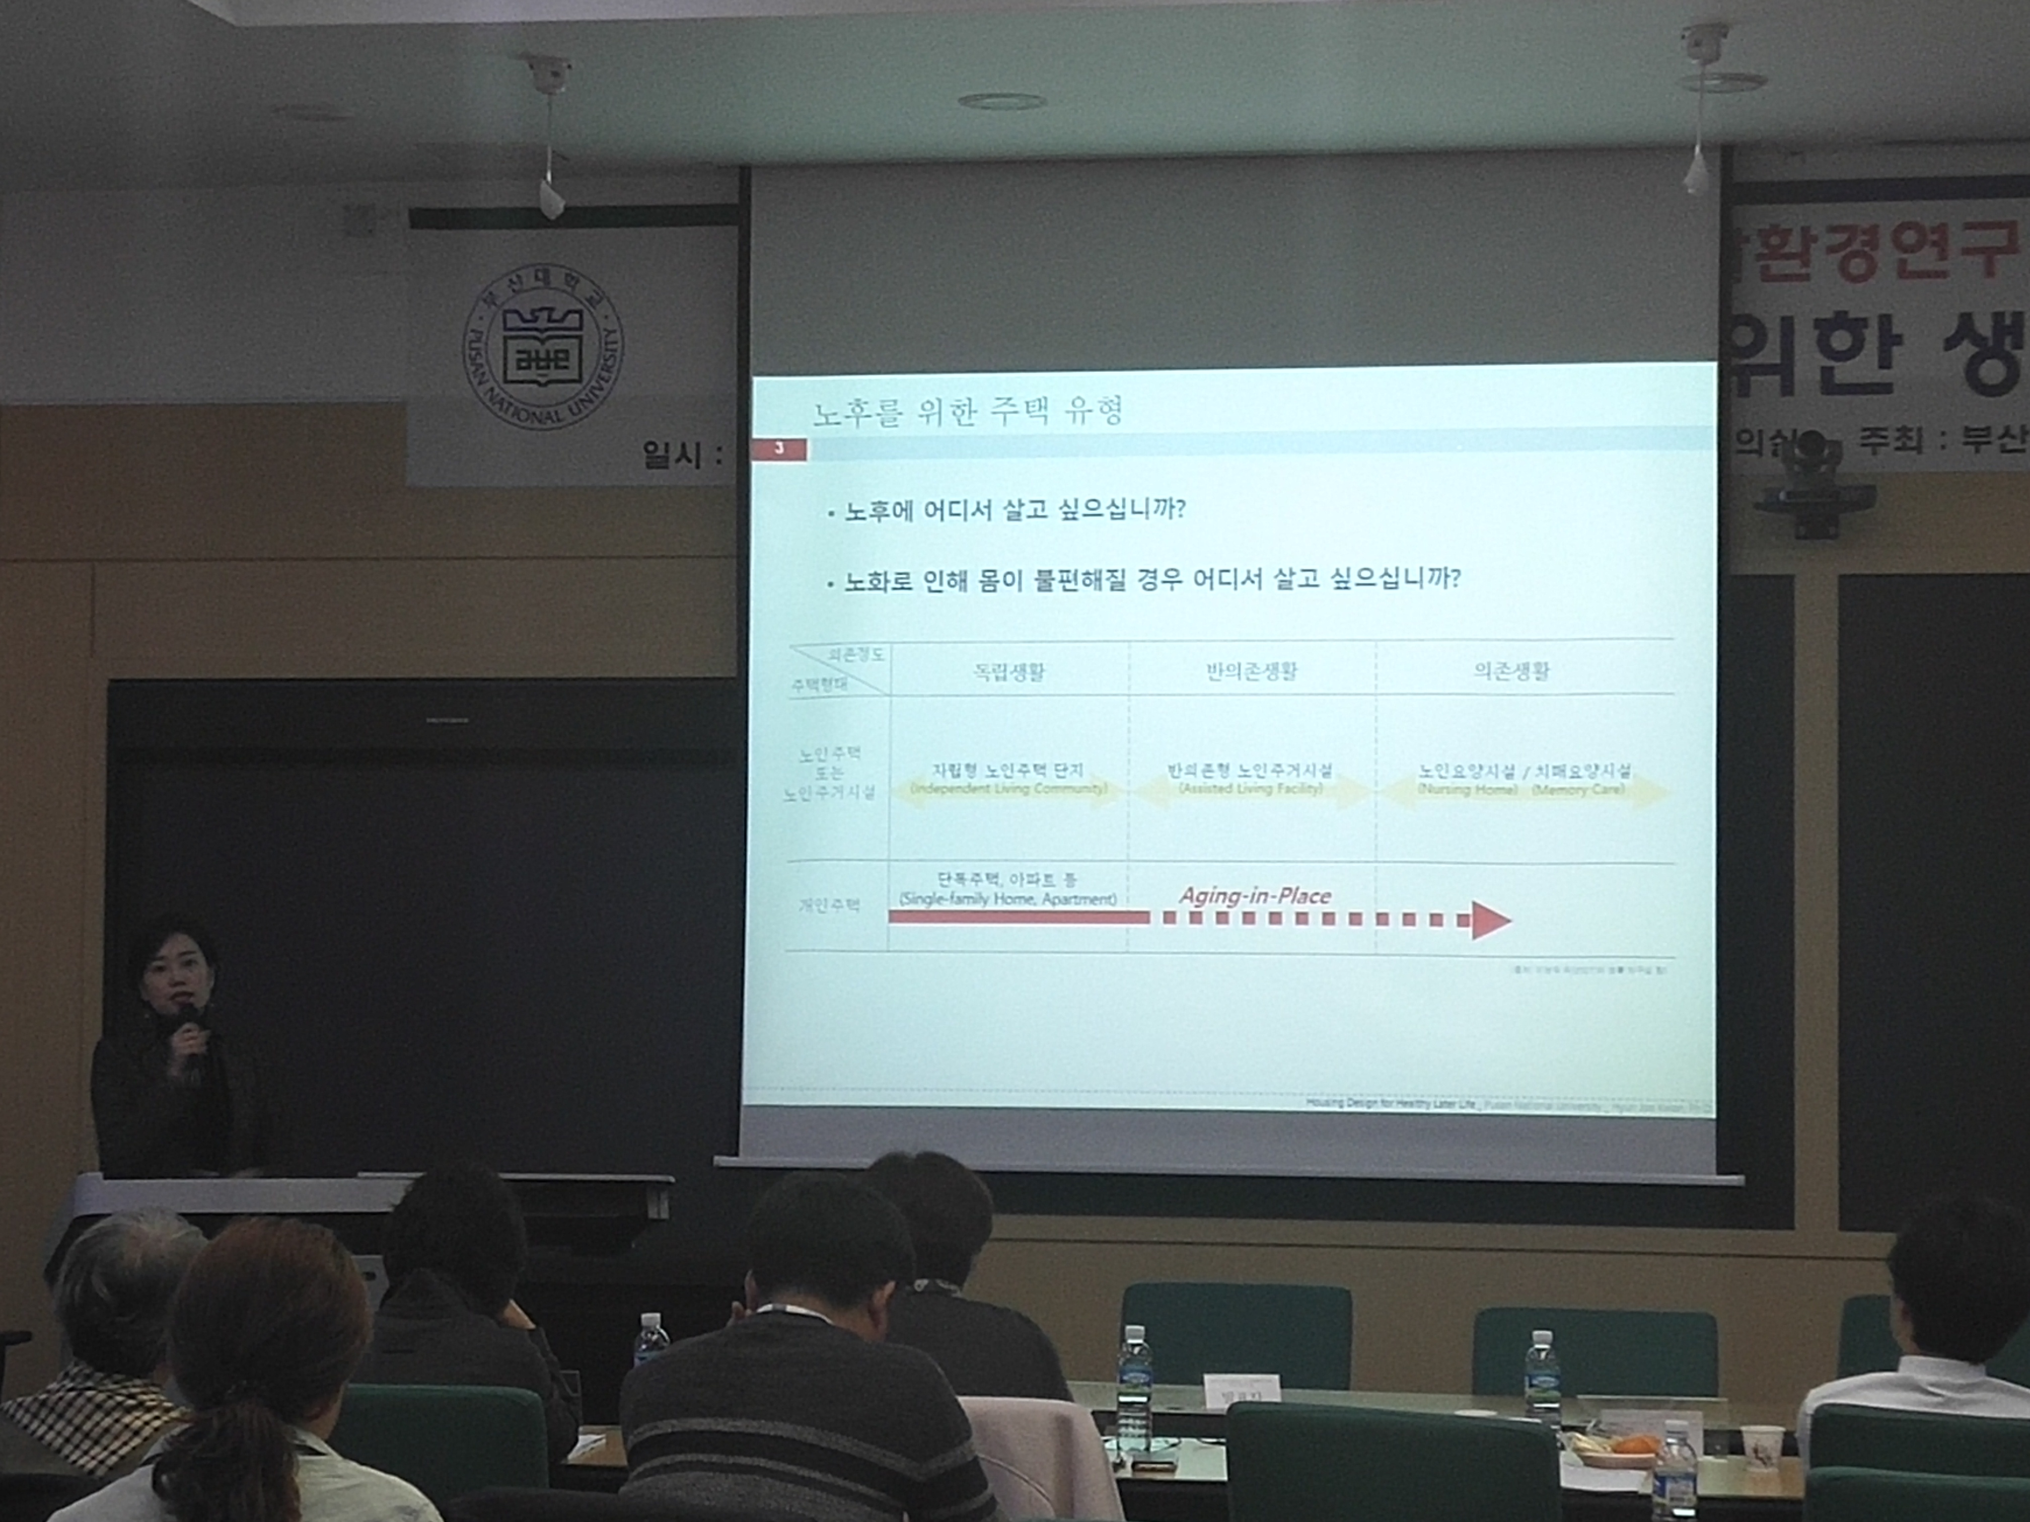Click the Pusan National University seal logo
click(541, 358)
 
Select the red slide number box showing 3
click(779, 449)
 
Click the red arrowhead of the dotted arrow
click(1489, 920)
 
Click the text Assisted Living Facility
click(1250, 789)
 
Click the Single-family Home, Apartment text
click(1007, 899)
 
